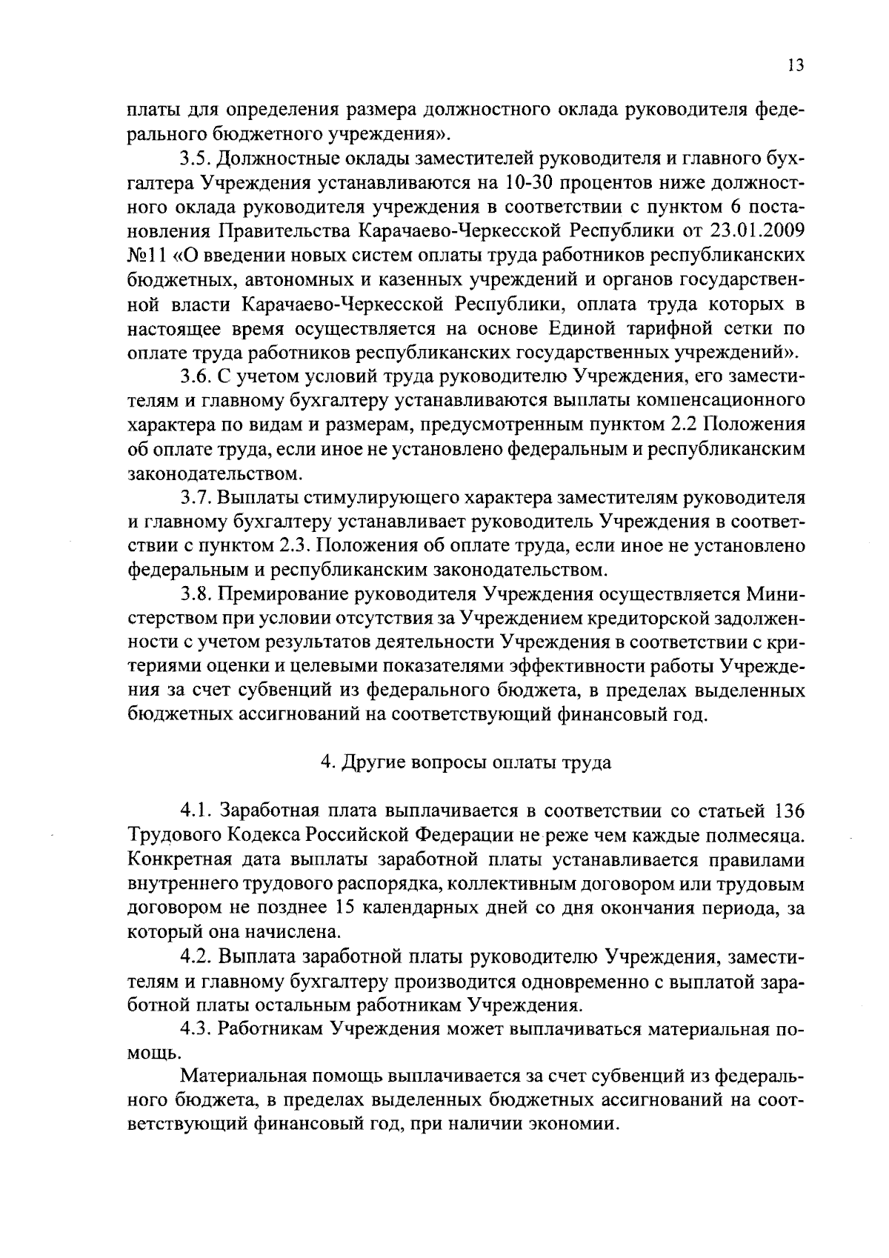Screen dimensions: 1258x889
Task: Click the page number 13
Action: click(x=795, y=65)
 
